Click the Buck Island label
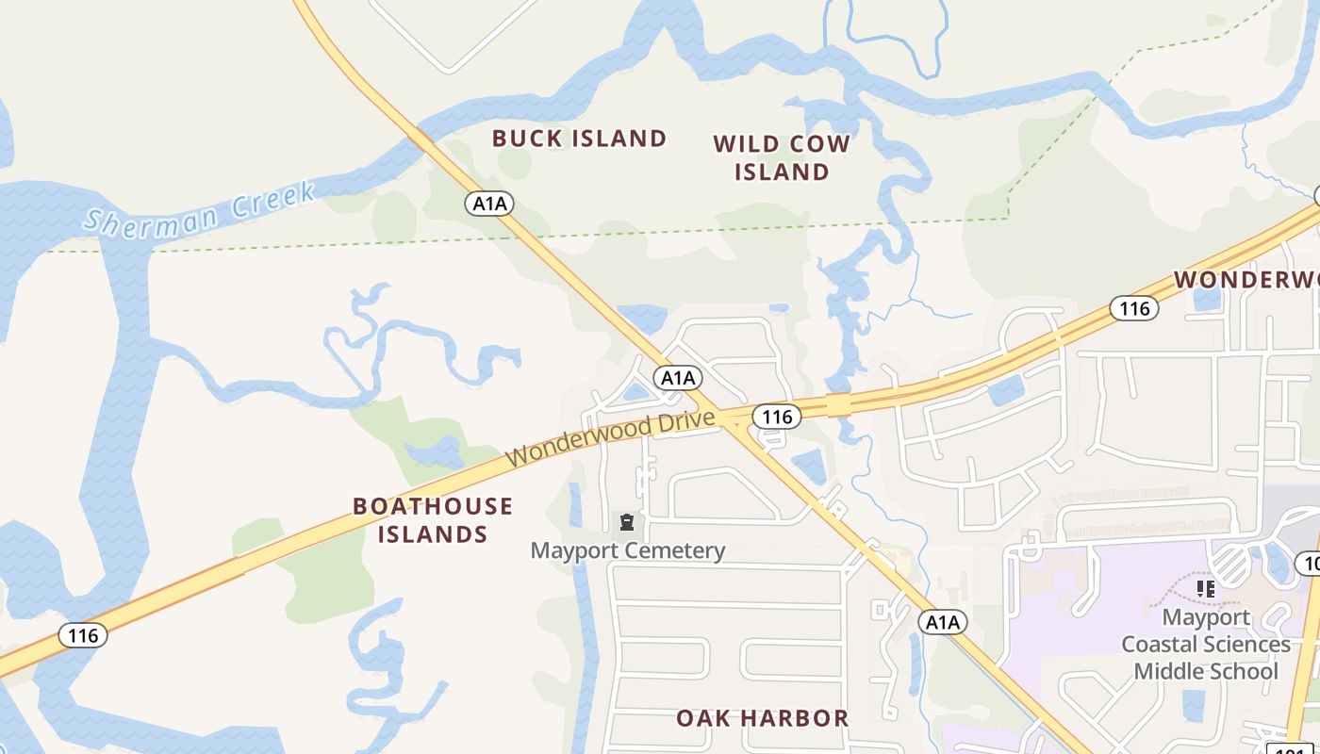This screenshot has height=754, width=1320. [x=579, y=139]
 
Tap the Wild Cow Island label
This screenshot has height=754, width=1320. [x=782, y=158]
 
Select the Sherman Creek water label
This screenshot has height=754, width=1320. [x=199, y=208]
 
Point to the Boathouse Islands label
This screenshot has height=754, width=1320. [x=433, y=520]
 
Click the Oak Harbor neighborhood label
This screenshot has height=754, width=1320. [x=762, y=718]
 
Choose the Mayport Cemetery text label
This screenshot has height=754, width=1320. [x=628, y=550]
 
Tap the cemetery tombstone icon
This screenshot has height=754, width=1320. [x=626, y=521]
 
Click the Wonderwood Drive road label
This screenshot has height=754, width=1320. [x=609, y=438]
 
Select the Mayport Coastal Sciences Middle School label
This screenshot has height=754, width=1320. [x=1205, y=645]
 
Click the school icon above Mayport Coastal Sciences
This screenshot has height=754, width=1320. [x=1205, y=589]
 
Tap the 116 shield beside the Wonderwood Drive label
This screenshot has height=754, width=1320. [x=776, y=417]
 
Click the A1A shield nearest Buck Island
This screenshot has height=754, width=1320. [x=489, y=203]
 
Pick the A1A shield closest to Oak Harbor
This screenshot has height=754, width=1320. [x=942, y=622]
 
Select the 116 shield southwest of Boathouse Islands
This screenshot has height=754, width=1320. [x=83, y=635]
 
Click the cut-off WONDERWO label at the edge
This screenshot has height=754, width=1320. [x=1246, y=280]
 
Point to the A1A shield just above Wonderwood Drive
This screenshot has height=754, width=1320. [x=677, y=378]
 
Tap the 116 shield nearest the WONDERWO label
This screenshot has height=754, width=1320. [x=1133, y=308]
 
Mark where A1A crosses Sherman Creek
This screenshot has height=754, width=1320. [x=419, y=138]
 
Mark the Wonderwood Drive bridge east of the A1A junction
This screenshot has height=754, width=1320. [x=838, y=404]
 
